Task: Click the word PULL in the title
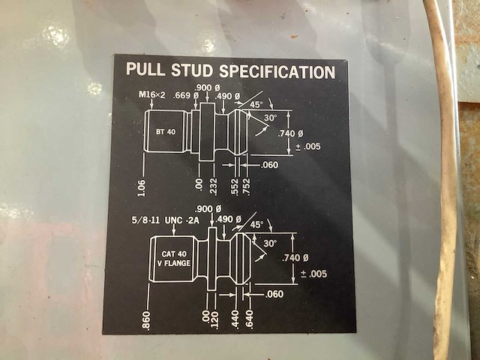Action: point(145,71)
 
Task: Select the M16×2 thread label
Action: point(153,95)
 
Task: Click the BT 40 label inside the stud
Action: point(166,131)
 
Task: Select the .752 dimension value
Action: point(246,187)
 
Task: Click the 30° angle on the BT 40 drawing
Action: point(270,118)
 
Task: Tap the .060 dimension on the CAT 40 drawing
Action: point(274,294)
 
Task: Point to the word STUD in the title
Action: point(193,71)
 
